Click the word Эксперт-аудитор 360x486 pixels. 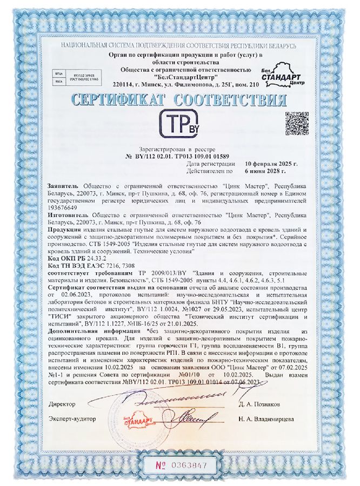pos(72,418)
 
